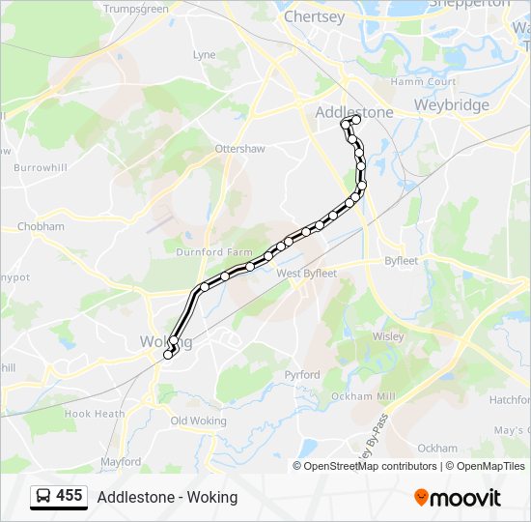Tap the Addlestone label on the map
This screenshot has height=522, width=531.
click(x=354, y=112)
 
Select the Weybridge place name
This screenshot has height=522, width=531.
click(x=451, y=104)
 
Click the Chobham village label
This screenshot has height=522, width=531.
click(x=41, y=227)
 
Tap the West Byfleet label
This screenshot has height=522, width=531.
click(x=306, y=274)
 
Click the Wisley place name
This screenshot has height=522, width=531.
click(x=388, y=336)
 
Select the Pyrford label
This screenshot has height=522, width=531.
click(x=302, y=373)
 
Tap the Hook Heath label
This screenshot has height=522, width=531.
click(x=95, y=414)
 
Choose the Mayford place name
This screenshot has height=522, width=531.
click(x=121, y=462)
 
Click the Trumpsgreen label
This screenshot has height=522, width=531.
click(x=136, y=9)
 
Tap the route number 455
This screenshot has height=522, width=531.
click(x=70, y=496)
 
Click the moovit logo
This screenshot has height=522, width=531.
click(x=458, y=498)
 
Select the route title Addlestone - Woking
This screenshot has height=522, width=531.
click(x=167, y=497)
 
